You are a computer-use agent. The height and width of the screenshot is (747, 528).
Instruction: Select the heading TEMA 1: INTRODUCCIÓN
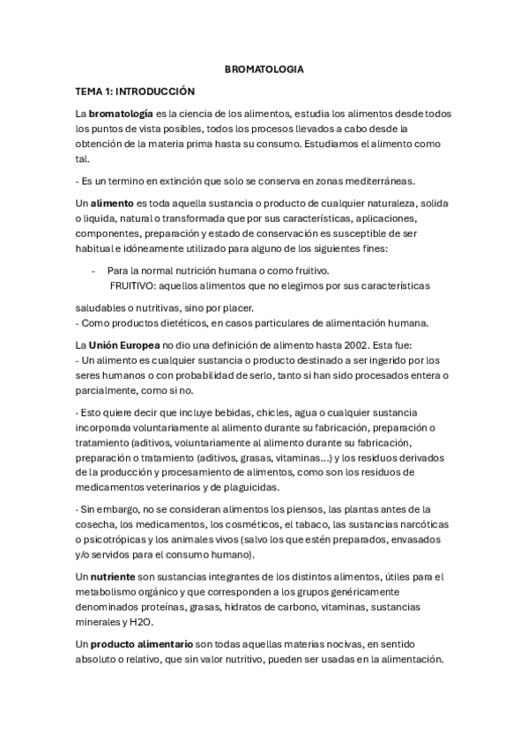coord(135,91)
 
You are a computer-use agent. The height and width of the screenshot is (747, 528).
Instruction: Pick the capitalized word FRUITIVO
coord(132,285)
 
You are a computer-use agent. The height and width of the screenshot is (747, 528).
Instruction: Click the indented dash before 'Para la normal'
coord(92,270)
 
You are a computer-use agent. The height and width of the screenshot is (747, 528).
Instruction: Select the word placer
coord(236,307)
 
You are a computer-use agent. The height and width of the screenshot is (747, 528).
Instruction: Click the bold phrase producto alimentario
coord(142,644)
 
